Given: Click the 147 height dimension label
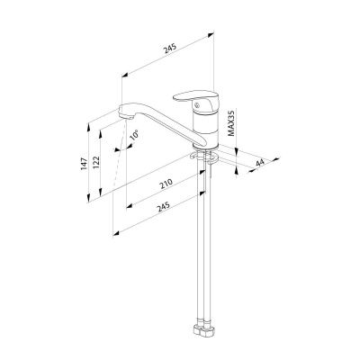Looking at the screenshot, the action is coord(84,164).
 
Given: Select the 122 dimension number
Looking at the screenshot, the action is coord(96,162).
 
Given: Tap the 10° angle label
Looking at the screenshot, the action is coord(134,135).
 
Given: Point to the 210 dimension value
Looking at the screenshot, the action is coord(166,184).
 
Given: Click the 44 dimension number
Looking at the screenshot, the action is coord(260,163).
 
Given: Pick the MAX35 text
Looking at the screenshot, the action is coord(230,122).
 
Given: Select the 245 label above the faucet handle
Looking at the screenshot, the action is coord(170,49).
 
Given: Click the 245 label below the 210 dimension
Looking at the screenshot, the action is coord(164,207).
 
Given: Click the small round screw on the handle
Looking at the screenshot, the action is coord(197,105).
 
